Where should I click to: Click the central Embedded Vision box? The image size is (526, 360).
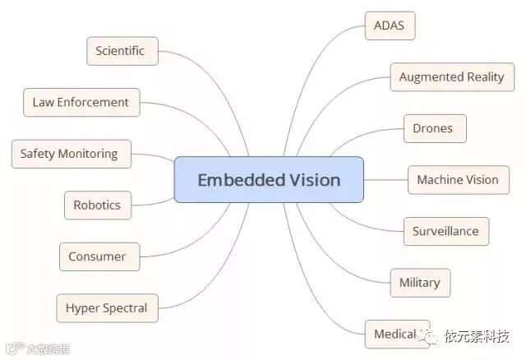pyautogui.click(x=269, y=179)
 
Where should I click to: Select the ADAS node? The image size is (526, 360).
pyautogui.click(x=390, y=25)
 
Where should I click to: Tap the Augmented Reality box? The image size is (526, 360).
pyautogui.click(x=451, y=77)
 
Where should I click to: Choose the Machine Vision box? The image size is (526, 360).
pyautogui.click(x=458, y=180)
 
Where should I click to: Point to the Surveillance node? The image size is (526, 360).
pyautogui.click(x=445, y=231)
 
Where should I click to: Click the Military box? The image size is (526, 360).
pyautogui.click(x=419, y=283)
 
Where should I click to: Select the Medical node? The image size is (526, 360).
pyautogui.click(x=396, y=334)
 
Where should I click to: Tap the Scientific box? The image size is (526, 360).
pyautogui.click(x=120, y=51)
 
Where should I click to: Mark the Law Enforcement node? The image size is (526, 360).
pyautogui.click(x=81, y=103)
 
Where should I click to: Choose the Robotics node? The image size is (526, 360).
pyautogui.click(x=97, y=205)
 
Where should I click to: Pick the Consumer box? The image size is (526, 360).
pyautogui.click(x=97, y=256)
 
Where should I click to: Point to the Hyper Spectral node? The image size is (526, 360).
pyautogui.click(x=107, y=308)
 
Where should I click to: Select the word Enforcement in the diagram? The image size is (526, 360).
pyautogui.click(x=93, y=103)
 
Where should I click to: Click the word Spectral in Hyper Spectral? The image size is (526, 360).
pyautogui.click(x=126, y=308)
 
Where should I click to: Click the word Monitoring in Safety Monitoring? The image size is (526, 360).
pyautogui.click(x=88, y=154)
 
